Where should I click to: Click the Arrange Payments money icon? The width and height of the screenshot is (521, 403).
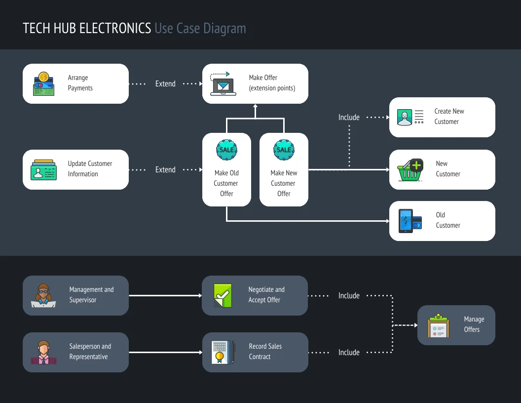[x=43, y=83]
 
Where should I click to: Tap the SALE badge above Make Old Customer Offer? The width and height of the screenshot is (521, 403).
[x=226, y=150]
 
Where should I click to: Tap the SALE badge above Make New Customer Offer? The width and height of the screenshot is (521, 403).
[x=284, y=150]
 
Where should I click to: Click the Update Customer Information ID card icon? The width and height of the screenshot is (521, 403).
[x=43, y=169]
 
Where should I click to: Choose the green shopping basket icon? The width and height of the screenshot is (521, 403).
[x=410, y=170]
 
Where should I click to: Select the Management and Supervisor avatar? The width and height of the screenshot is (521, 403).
[x=44, y=295]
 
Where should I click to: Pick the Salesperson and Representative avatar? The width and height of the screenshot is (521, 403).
[x=44, y=352]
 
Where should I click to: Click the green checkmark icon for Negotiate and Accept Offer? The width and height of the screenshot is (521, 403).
[x=223, y=295]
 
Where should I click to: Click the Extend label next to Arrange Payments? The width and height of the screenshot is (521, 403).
[x=165, y=84]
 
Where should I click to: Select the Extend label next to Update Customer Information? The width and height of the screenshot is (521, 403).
[x=165, y=170]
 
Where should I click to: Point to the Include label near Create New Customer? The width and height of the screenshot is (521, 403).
[x=349, y=118]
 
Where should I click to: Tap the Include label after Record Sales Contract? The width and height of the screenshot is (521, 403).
[x=349, y=353]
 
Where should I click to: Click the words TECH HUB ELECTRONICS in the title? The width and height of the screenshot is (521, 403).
[x=87, y=28]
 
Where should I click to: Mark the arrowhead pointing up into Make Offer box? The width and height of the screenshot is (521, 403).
[x=255, y=107]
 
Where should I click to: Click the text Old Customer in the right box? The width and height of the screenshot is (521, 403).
[x=448, y=220]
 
